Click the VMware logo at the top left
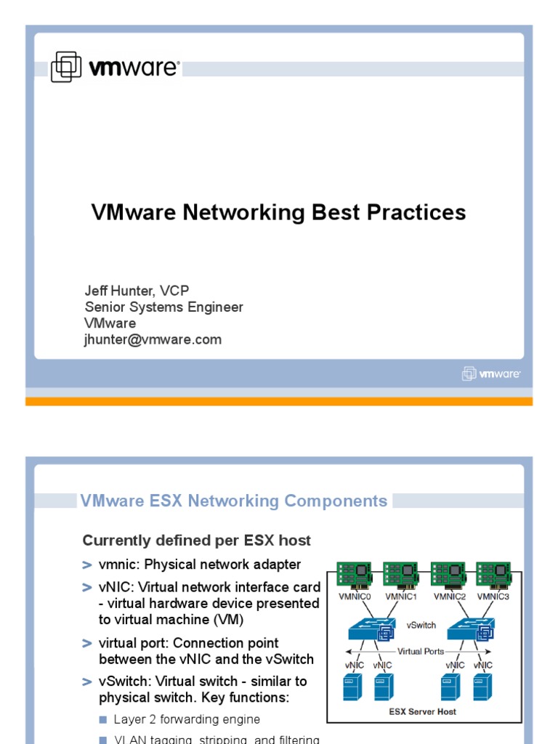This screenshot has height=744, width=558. click(114, 68)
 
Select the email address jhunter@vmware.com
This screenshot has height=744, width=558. click(153, 339)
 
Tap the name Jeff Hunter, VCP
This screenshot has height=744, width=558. click(137, 291)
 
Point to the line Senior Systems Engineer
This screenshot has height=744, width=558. click(163, 307)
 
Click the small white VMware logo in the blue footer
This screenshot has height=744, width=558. click(491, 373)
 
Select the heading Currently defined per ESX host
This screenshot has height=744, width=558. click(196, 541)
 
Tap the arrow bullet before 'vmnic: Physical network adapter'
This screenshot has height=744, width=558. click(87, 565)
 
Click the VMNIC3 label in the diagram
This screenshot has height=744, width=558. click(495, 597)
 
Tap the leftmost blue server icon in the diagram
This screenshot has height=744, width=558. click(352, 687)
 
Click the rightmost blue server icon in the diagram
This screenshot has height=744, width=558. click(483, 687)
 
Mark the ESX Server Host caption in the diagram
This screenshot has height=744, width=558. click(422, 711)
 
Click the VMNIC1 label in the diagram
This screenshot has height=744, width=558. click(400, 597)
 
